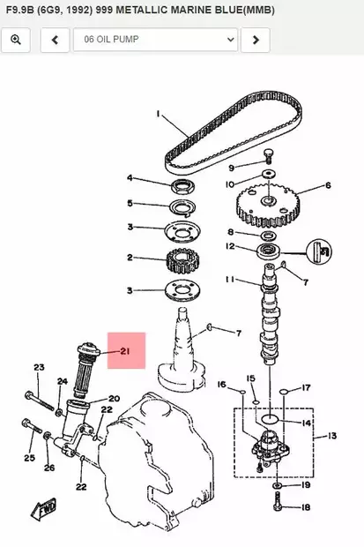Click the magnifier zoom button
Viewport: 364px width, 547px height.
click(x=16, y=40)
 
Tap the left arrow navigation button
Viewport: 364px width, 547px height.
click(x=55, y=40)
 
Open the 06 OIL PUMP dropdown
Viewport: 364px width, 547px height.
click(x=155, y=40)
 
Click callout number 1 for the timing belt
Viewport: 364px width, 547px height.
click(x=159, y=114)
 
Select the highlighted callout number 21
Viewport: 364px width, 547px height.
click(x=125, y=351)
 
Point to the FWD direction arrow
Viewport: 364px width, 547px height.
click(x=44, y=508)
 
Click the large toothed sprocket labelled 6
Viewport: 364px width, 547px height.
click(x=269, y=205)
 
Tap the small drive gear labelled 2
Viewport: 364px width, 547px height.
click(x=181, y=261)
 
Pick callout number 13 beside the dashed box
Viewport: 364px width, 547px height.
click(x=332, y=436)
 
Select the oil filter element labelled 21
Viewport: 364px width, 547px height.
click(x=85, y=371)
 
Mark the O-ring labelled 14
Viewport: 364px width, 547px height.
click(x=270, y=418)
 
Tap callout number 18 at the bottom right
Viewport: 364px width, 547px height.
click(x=305, y=507)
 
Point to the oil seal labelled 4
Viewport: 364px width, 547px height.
click(x=183, y=186)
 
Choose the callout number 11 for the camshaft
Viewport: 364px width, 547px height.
click(x=230, y=280)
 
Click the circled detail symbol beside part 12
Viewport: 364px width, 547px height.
click(x=319, y=251)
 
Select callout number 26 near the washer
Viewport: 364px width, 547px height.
click(x=49, y=468)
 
